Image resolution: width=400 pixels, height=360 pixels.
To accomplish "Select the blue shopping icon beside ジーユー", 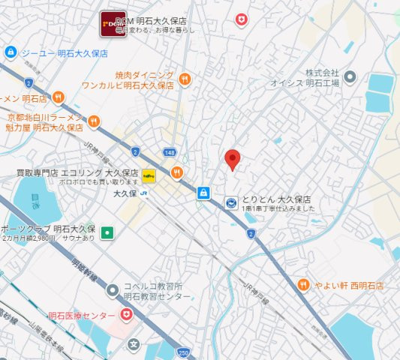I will pos(10,53).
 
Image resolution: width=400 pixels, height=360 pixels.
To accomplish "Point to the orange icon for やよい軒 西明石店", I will pos(303,285).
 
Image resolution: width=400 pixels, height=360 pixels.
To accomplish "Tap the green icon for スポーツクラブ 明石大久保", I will pos(108,233).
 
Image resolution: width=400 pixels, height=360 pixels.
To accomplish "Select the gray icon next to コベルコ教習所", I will pos(113,289).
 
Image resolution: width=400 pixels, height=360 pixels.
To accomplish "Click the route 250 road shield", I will pos(183,352).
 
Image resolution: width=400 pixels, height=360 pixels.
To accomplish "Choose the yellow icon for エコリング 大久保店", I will pos(149,178).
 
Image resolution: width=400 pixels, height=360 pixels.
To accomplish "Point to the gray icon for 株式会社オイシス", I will pos(350,76).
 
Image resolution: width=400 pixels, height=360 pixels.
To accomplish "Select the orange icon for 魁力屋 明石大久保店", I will pos(94,121).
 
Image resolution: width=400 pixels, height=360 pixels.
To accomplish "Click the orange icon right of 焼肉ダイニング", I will pos(185,77).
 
